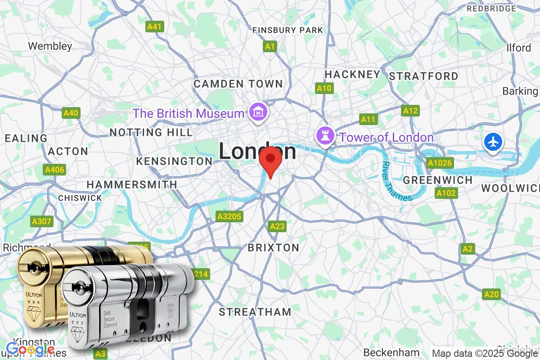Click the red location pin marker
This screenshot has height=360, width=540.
point(270,161)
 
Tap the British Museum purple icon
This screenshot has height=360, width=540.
point(258,112)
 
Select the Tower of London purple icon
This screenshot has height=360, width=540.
point(324,135)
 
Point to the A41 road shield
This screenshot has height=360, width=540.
point(154,27)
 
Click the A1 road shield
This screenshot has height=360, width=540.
point(270,46)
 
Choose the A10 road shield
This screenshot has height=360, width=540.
point(324,88)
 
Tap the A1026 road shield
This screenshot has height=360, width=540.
point(440,163)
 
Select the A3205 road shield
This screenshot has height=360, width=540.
point(229,217)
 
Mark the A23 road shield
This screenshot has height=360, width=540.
point(277,226)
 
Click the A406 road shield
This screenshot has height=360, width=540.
point(54,170)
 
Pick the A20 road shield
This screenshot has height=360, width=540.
point(491,294)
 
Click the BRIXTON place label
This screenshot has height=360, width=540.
point(274,247)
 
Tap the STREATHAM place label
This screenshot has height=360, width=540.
point(255,312)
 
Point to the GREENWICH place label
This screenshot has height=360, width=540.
point(438,180)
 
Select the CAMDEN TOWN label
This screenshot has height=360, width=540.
point(238,84)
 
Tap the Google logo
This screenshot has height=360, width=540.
point(31,349)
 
